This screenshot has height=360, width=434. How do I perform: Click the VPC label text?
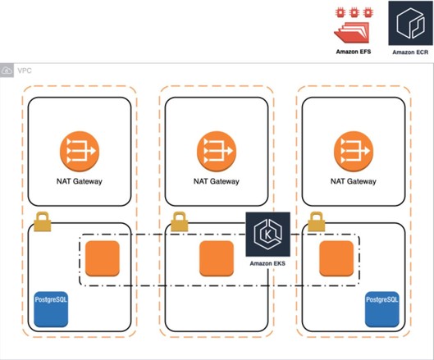click(x=25, y=71)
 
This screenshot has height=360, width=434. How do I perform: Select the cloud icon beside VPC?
click(x=8, y=71)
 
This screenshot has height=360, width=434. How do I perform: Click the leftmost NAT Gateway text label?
click(x=79, y=182)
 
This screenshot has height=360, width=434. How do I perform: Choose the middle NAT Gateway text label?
click(x=217, y=182)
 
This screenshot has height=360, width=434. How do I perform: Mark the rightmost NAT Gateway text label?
click(x=354, y=182)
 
